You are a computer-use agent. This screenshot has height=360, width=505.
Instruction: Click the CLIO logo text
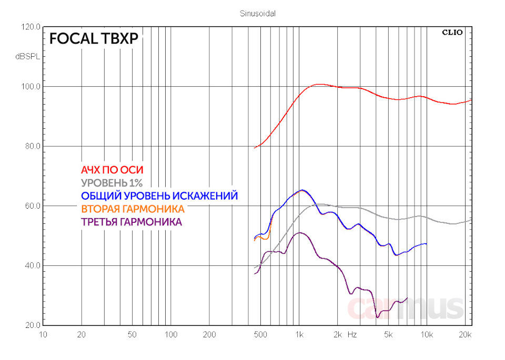coord(452,32)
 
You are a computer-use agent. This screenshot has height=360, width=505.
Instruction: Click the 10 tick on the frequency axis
coord(44,335)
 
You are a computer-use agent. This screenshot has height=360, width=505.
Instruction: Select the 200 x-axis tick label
coord(210,335)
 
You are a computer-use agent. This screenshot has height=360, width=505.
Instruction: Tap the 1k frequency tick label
coord(299,335)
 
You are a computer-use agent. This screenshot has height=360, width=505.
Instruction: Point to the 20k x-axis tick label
coord(464,335)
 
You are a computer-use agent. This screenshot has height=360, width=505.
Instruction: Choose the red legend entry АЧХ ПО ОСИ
coord(112,170)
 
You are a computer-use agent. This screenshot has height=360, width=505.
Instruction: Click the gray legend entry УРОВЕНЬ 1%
coord(112,183)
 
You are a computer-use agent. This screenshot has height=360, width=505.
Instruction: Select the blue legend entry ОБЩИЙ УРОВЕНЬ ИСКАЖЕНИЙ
coord(159,196)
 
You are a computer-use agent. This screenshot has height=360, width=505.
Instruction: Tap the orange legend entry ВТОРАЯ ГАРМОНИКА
coord(133,209)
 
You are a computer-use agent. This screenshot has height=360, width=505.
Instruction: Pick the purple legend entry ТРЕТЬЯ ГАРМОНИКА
coord(132,222)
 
